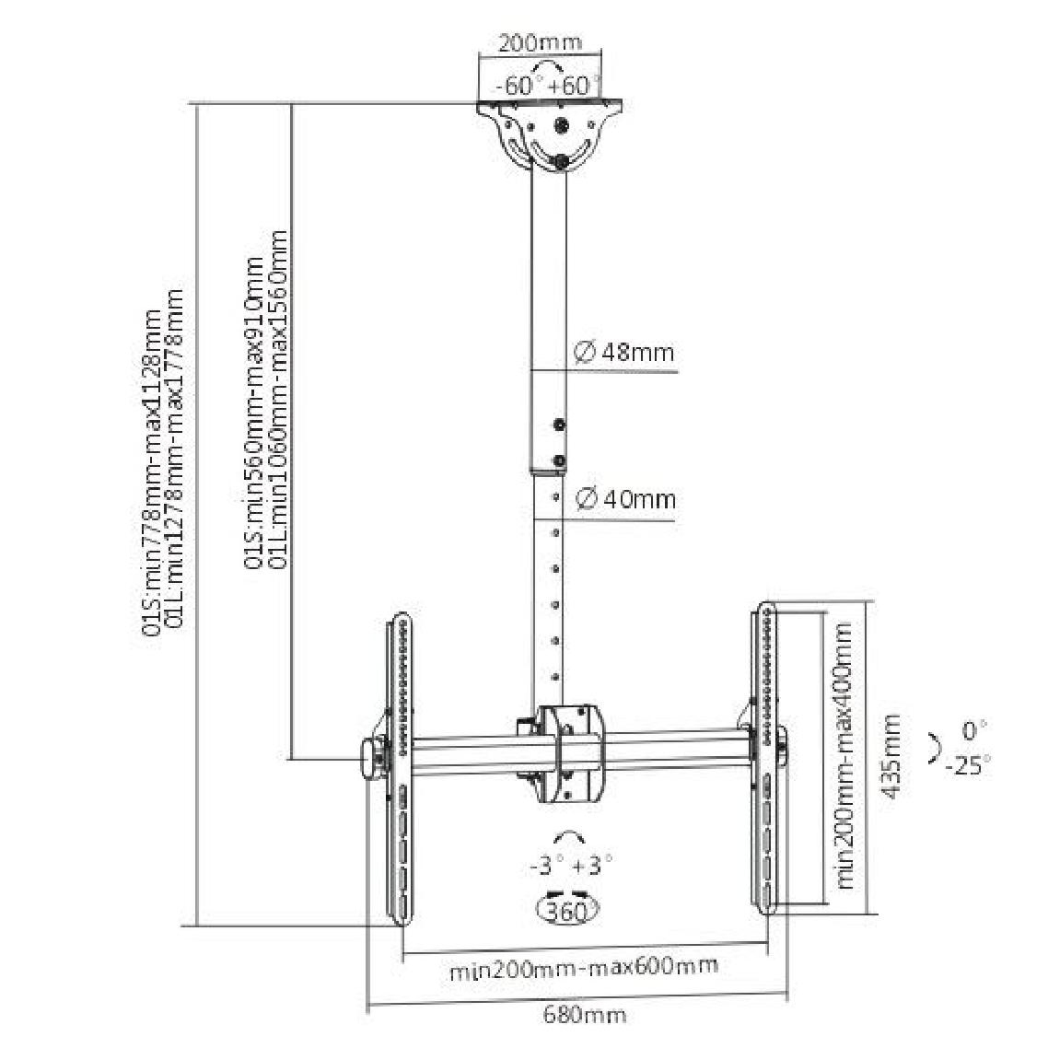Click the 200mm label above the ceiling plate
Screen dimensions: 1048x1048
[x=540, y=43]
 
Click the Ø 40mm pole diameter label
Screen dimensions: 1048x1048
[x=625, y=499]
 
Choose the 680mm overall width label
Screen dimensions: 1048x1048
[x=584, y=1015]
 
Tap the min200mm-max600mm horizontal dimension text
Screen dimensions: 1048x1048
[x=584, y=967]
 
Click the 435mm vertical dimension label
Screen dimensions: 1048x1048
[x=891, y=756]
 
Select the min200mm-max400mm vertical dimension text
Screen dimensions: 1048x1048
[x=844, y=755]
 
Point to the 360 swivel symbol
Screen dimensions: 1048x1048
[x=568, y=910]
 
